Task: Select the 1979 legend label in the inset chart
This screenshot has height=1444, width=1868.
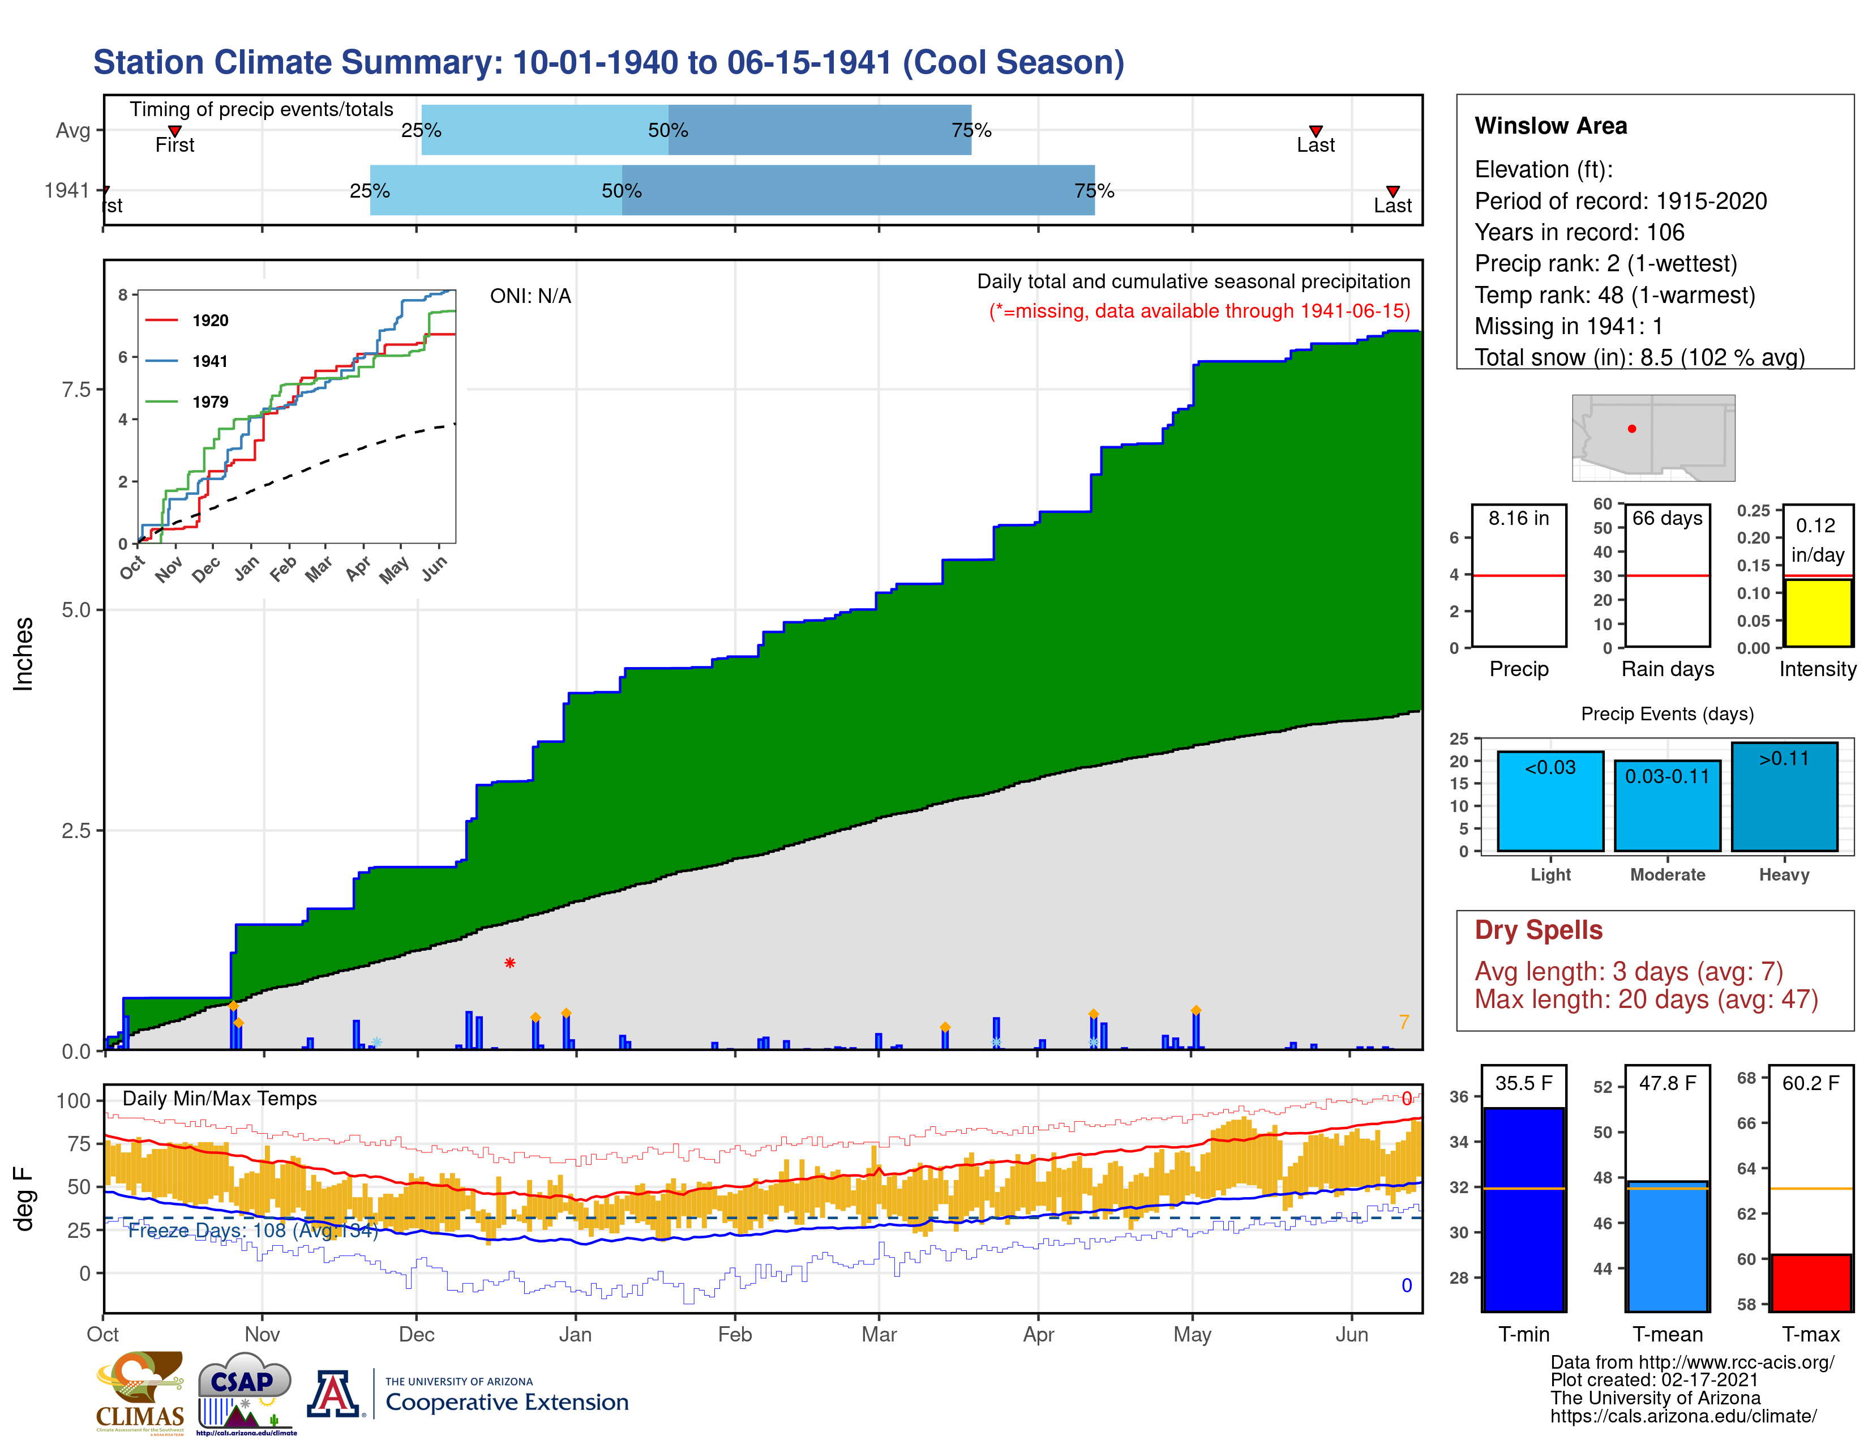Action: pos(211,402)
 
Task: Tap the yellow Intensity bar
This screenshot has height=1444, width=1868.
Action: pos(1818,613)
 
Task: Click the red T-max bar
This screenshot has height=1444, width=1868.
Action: pos(1811,1281)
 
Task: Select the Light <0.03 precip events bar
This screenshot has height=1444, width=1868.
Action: pos(1550,801)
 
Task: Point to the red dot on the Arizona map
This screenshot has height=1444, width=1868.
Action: pos(1632,429)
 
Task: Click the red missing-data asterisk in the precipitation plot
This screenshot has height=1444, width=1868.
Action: pos(510,963)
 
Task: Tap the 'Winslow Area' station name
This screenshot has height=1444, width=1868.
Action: pos(1550,126)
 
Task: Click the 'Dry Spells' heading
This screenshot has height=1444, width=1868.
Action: pos(1538,930)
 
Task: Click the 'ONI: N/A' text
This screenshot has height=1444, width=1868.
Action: pos(530,296)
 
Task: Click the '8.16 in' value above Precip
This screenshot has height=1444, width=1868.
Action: pos(1518,518)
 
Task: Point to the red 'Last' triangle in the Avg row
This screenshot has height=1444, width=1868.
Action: pos(1316,131)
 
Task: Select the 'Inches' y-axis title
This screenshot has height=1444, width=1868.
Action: pos(23,655)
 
